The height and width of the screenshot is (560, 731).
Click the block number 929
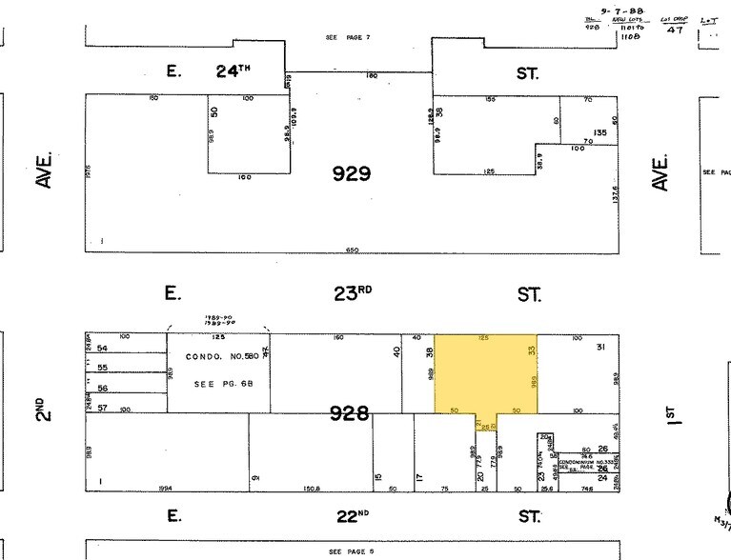(351, 173)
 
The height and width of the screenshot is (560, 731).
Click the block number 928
(349, 412)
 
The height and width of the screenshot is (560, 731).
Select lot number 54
(103, 350)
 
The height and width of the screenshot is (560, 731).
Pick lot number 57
(103, 408)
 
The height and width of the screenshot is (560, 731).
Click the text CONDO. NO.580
(218, 359)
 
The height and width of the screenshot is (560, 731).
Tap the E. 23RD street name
(352, 293)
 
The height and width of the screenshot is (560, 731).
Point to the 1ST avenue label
(670, 412)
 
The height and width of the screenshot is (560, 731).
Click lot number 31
(600, 347)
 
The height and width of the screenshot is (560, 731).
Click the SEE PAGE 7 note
(347, 37)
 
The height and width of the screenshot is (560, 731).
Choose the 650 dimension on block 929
(353, 250)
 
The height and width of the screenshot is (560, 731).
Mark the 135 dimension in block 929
(600, 132)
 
